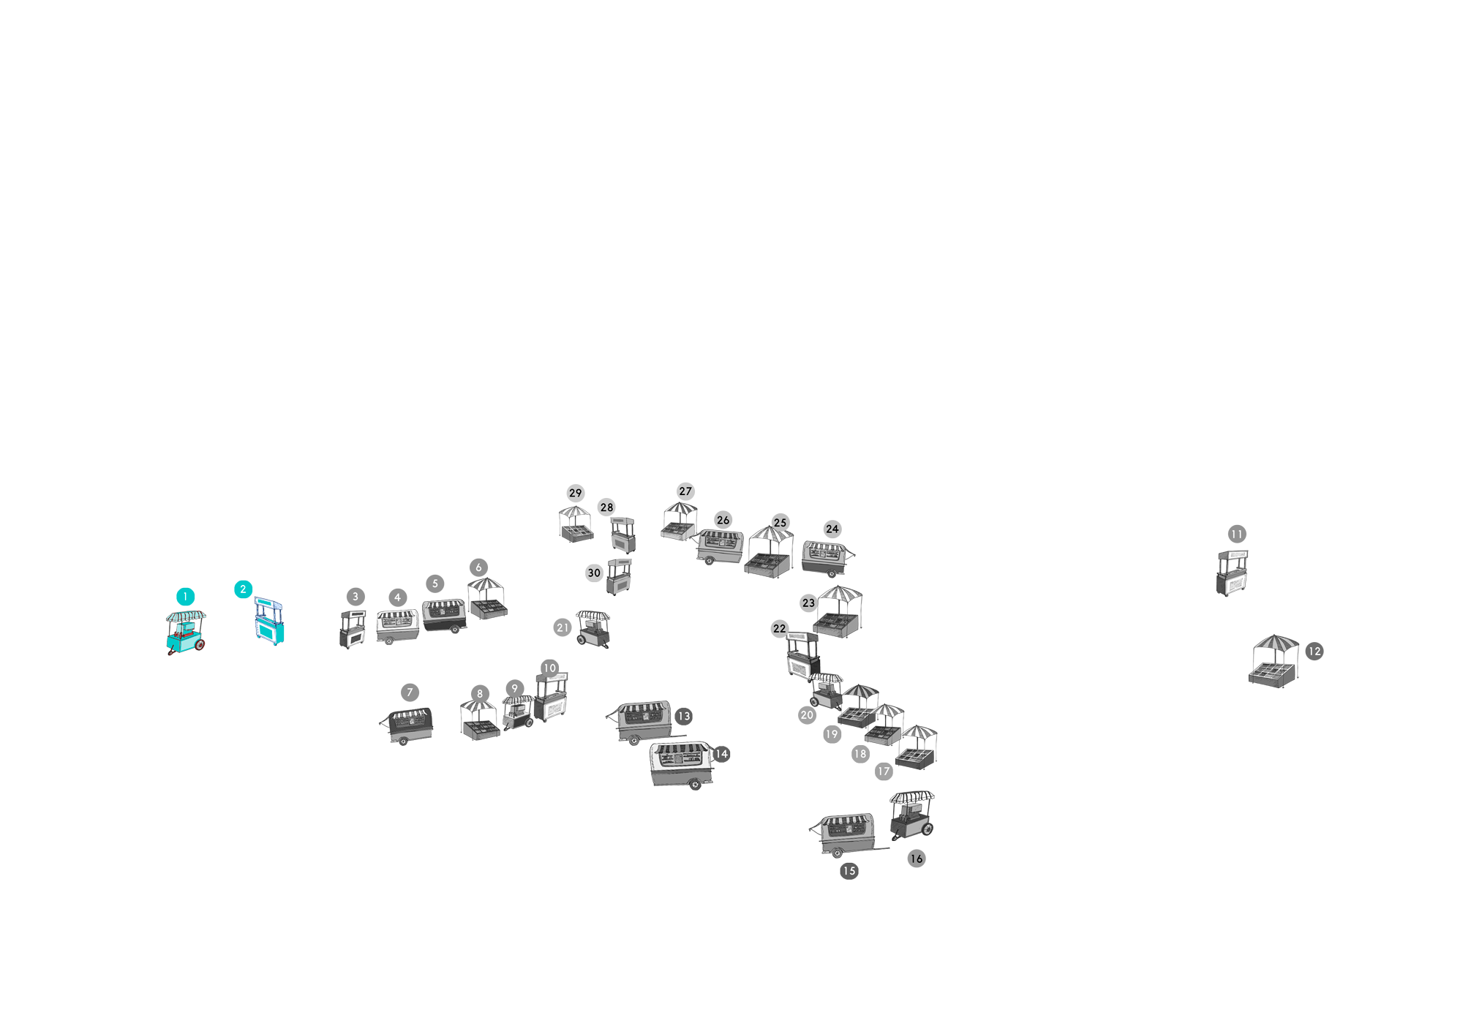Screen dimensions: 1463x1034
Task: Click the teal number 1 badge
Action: [186, 597]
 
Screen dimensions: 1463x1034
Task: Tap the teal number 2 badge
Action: [244, 589]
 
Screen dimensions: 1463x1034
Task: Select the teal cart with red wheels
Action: [186, 633]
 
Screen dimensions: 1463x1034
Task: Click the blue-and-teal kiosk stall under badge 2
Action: [269, 621]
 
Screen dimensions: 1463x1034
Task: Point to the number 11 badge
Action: [1237, 534]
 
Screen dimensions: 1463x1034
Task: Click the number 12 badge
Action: [1315, 651]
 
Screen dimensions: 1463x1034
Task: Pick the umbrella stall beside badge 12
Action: [1274, 661]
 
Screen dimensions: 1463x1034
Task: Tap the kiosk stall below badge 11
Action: [1233, 573]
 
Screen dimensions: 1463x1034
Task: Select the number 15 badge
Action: [849, 871]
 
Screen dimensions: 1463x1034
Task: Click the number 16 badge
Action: [917, 858]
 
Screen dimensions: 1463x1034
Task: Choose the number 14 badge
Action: [722, 754]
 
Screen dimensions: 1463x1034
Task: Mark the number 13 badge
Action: [684, 717]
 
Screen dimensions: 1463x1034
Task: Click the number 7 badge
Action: [410, 693]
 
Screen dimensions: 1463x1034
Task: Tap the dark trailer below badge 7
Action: [407, 725]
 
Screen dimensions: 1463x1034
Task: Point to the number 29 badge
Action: [576, 493]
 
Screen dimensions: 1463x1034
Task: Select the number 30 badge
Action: [594, 573]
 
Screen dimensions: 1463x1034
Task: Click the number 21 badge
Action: [563, 627]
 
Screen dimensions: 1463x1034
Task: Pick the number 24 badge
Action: [832, 529]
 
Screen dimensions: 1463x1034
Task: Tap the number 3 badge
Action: [356, 597]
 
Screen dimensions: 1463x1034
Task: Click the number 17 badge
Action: [884, 771]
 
